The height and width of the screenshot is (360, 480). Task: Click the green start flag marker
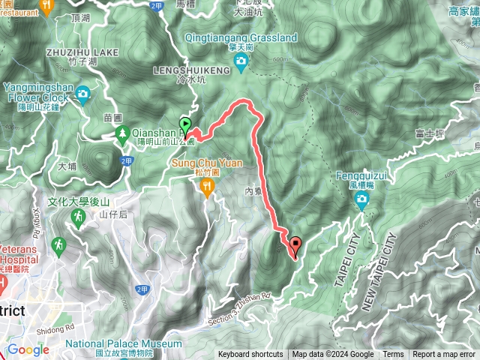184,125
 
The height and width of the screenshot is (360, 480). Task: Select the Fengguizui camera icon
362,199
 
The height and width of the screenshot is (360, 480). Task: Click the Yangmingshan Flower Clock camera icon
82,94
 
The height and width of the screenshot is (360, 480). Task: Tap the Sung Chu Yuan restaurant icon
206,190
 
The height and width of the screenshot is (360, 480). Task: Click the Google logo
28,349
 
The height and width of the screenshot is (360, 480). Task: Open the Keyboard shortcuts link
250,355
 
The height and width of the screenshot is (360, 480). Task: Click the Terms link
393,355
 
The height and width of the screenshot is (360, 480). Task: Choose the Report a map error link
445,355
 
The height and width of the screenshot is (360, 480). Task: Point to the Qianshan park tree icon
121,133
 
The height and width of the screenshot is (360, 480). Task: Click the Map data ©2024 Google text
333,355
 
